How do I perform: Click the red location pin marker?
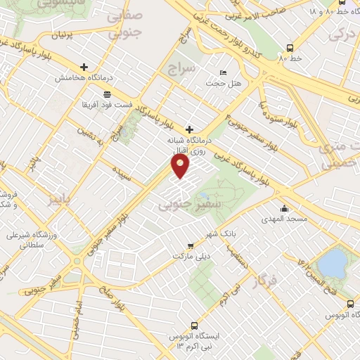[x=181, y=167]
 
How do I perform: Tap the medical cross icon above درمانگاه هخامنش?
[x=84, y=67]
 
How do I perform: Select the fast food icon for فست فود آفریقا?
[x=106, y=94]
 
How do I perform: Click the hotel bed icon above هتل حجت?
[x=224, y=72]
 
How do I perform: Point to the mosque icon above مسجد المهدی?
[x=284, y=208]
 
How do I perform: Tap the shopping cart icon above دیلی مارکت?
[x=191, y=245]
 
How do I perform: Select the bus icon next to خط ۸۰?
[x=290, y=48]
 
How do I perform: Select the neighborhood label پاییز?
[x=60, y=200]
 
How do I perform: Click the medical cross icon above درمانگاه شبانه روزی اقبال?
[x=188, y=129]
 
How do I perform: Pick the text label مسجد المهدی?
[x=287, y=219]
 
